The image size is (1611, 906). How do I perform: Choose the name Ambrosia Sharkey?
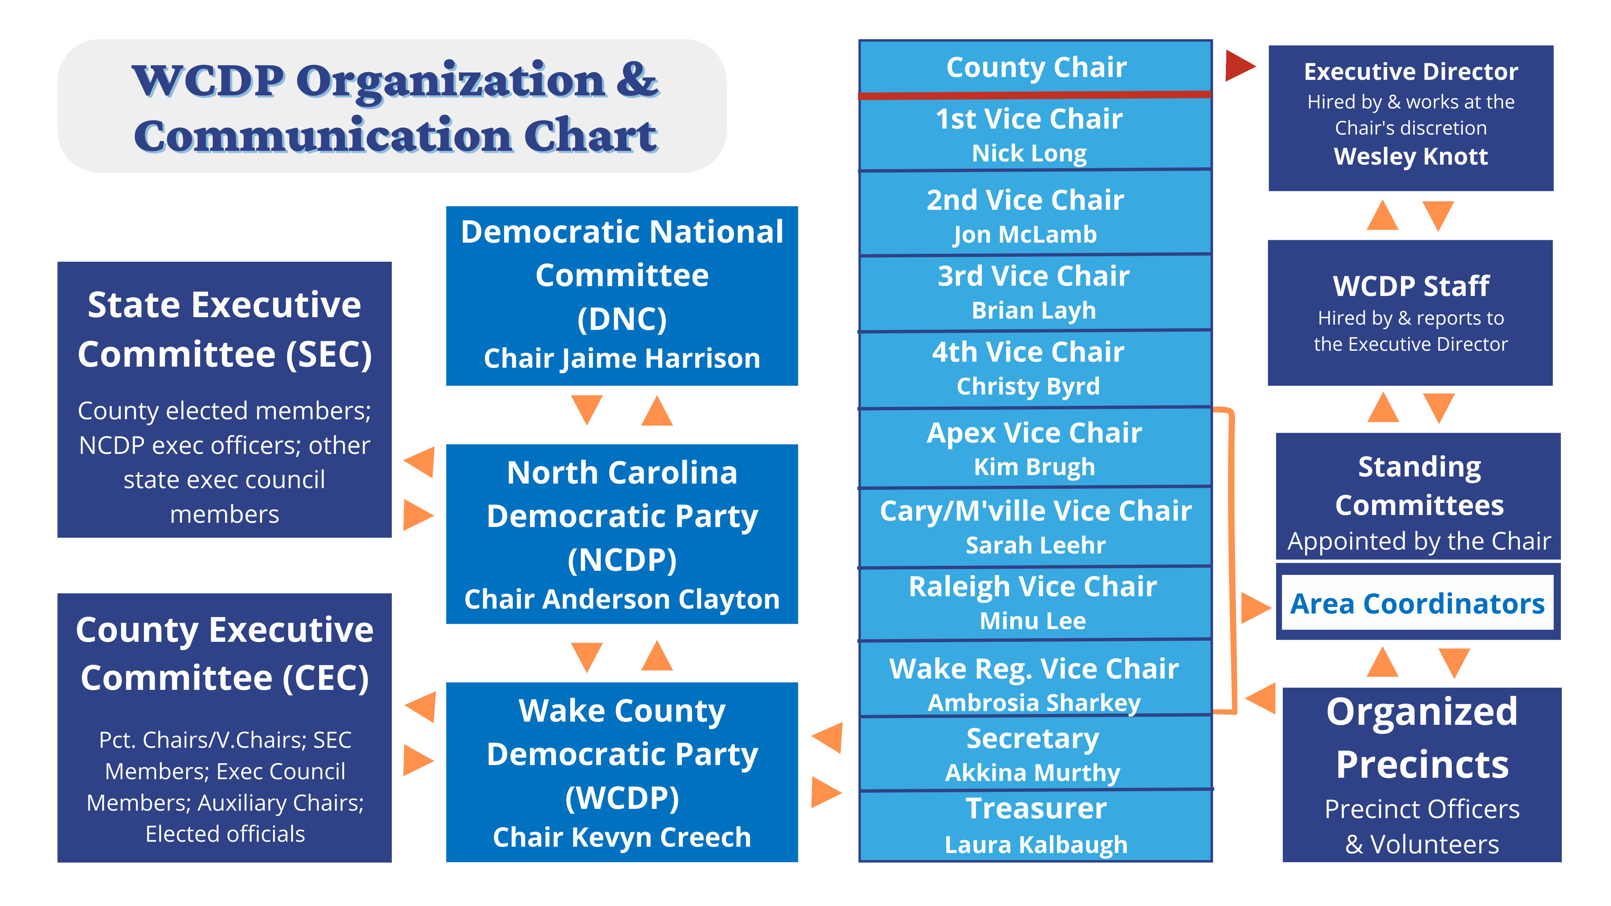pos(1034,703)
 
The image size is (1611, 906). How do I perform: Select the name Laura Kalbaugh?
pos(1035,845)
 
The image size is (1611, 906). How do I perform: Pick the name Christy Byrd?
pos(1028,386)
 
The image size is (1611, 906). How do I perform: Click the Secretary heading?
pos(1033,739)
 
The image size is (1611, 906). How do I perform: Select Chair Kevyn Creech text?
pos(622,837)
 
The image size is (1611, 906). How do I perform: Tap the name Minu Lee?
pos(1033,621)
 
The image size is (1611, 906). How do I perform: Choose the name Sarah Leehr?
pos(1035,545)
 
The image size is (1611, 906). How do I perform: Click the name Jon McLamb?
pos(1025,235)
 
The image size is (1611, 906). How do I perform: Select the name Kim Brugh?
pos(1034,467)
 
